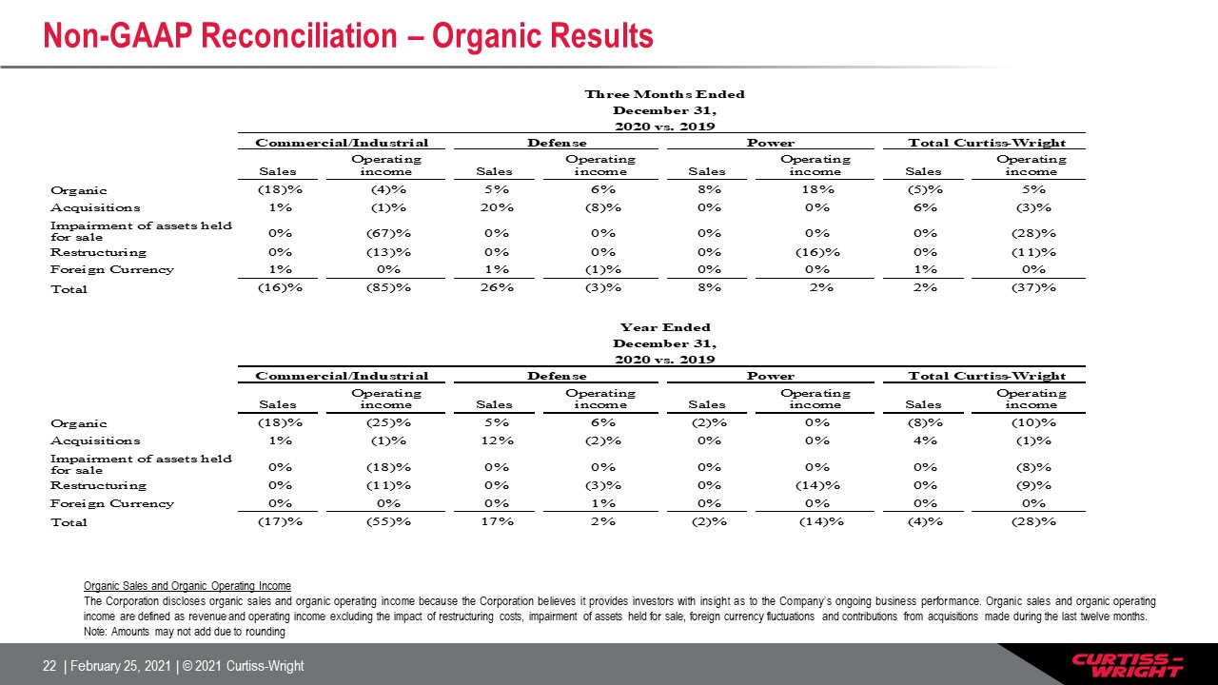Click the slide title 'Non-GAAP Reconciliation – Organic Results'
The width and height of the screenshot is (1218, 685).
coord(348,36)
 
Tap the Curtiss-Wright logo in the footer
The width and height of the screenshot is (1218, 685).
coord(1128,665)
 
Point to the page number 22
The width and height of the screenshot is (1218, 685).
coord(49,666)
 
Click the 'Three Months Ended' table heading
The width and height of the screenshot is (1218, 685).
coord(664,94)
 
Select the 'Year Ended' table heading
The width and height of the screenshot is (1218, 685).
coord(665,327)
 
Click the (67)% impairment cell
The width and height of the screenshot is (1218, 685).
coord(388,233)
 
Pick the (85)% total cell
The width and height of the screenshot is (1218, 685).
coord(388,287)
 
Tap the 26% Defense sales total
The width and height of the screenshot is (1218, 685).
coord(497,287)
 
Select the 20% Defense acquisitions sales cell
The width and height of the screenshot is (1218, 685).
coord(497,207)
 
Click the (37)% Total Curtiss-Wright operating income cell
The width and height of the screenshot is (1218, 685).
coord(1033,287)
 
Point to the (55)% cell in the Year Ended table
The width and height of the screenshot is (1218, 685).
coord(388,521)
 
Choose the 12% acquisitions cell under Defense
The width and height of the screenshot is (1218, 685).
coord(497,440)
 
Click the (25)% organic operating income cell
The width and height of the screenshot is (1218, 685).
coord(388,422)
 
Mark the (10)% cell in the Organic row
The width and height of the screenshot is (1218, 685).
coord(1033,422)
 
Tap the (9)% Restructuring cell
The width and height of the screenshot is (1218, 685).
coord(1033,485)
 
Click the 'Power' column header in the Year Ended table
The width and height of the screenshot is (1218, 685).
coord(771,376)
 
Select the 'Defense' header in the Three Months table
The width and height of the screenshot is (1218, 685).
coord(557,143)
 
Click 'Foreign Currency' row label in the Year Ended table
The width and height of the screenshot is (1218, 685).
coord(112,503)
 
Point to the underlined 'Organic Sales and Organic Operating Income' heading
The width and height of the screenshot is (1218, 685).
coord(187,586)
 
